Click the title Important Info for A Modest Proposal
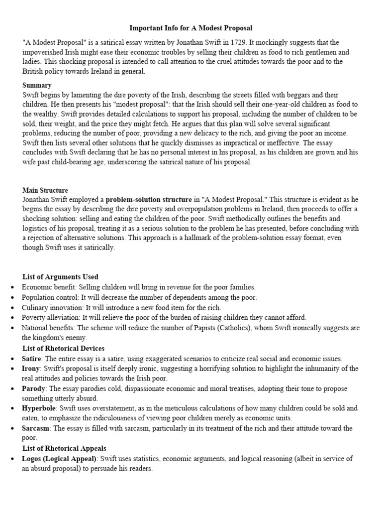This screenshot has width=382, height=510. [191, 28]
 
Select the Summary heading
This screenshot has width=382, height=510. [37, 86]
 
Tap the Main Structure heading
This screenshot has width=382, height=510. [45, 190]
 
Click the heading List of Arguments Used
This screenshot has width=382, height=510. [60, 277]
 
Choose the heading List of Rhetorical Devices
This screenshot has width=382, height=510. [63, 348]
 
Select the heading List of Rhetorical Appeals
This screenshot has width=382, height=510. [64, 449]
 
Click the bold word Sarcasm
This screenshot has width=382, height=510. [36, 428]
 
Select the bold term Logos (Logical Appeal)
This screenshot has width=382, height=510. [60, 459]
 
